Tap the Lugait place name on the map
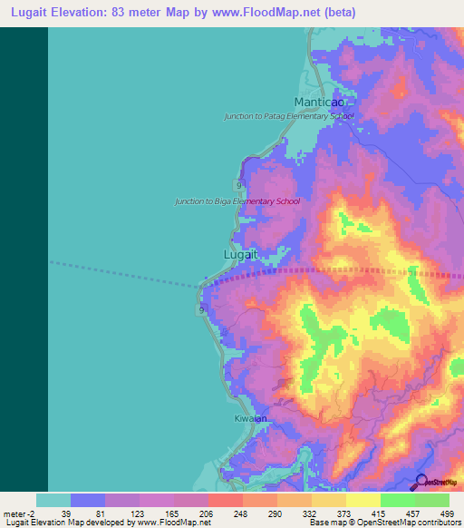coord(241,255)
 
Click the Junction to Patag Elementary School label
coord(289,117)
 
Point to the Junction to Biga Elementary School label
coord(237,200)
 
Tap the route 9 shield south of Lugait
coord(201,309)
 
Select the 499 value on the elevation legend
coord(445,513)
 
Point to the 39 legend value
coord(65,513)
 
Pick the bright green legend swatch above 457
coord(397,500)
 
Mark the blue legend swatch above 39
coord(87,500)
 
